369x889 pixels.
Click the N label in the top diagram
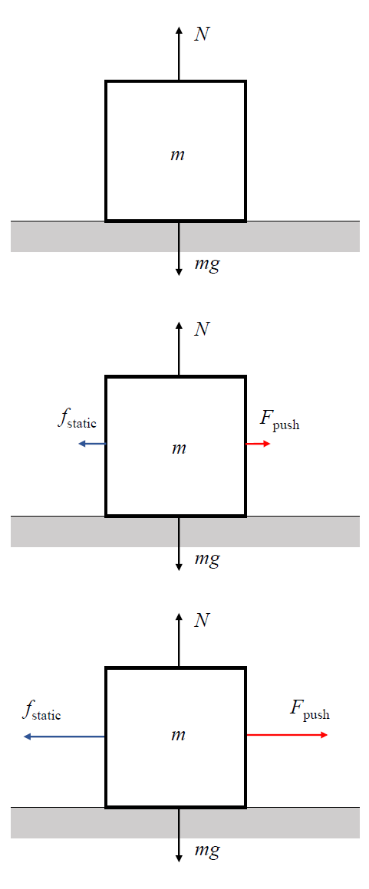click(202, 34)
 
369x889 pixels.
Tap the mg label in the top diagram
click(206, 264)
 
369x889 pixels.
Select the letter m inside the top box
click(178, 154)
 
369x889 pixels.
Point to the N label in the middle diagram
click(202, 330)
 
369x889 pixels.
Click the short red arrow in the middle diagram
click(259, 444)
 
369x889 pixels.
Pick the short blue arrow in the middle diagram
click(92, 444)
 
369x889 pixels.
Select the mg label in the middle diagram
click(206, 560)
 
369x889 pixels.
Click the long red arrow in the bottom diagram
click(287, 735)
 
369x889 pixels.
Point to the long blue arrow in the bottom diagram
click(64, 736)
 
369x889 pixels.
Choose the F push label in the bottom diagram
click(309, 710)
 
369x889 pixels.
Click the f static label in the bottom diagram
click(41, 711)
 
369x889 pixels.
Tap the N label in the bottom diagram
click(202, 621)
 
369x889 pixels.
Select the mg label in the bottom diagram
click(206, 851)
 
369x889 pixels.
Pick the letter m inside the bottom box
click(178, 736)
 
